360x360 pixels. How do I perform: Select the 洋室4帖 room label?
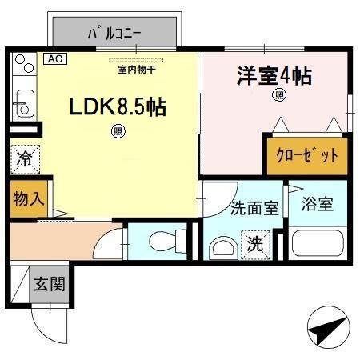tap(273, 77)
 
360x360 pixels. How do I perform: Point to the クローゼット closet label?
tap(307, 155)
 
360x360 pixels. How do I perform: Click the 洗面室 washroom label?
tap(254, 208)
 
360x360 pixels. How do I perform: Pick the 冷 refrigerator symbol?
tap(25, 158)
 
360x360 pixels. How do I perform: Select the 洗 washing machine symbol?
tap(253, 242)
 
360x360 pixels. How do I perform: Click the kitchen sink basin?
tap(25, 105)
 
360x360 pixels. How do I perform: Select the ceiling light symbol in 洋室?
tap(279, 96)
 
